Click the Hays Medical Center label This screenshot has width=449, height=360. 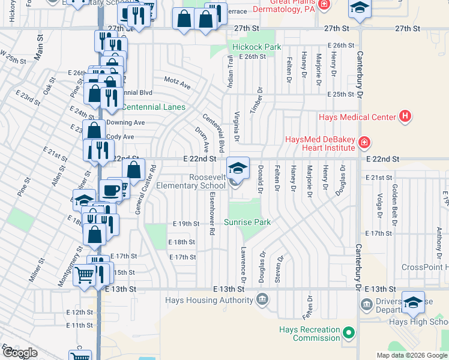357,117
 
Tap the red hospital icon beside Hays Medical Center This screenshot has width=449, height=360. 405,116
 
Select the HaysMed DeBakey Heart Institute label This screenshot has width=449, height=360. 321,143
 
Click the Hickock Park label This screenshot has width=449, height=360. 256,47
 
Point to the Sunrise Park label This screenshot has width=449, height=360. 247,222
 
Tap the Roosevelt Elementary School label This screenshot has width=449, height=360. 207,181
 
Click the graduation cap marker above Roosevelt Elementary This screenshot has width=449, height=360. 238,168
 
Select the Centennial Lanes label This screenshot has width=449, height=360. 153,107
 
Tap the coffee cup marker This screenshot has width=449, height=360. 110,190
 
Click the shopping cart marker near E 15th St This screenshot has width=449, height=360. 84,275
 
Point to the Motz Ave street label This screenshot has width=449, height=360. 177,83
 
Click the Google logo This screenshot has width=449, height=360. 20,353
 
